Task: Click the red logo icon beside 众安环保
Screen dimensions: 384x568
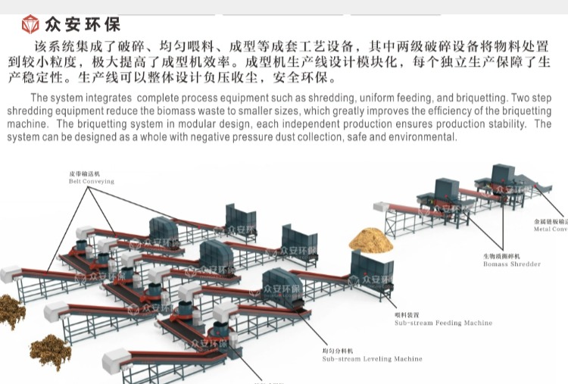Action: tap(30, 24)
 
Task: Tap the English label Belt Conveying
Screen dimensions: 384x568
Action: tap(91, 181)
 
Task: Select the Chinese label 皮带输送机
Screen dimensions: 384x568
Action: tap(85, 173)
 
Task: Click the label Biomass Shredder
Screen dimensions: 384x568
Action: tap(512, 264)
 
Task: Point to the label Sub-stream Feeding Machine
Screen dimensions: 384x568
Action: tap(443, 323)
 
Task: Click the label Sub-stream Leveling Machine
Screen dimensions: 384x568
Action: tap(372, 359)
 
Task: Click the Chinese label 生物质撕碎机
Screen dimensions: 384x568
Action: tap(504, 256)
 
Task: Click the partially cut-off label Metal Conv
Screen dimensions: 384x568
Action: tap(550, 229)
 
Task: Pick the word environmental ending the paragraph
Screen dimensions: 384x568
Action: tap(424, 137)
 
